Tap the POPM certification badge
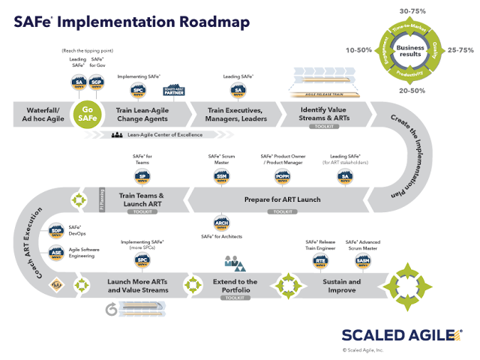pyautogui.click(x=282, y=176)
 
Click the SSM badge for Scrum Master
pyautogui.click(x=220, y=176)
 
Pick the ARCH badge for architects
pyautogui.click(x=221, y=223)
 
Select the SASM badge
pyautogui.click(x=363, y=260)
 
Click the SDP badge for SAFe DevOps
pyautogui.click(x=56, y=232)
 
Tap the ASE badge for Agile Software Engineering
pyautogui.click(x=56, y=253)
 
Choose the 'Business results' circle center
pyautogui.click(x=415, y=50)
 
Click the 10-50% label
pyautogui.click(x=360, y=50)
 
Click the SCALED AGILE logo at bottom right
pyautogui.click(x=400, y=334)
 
